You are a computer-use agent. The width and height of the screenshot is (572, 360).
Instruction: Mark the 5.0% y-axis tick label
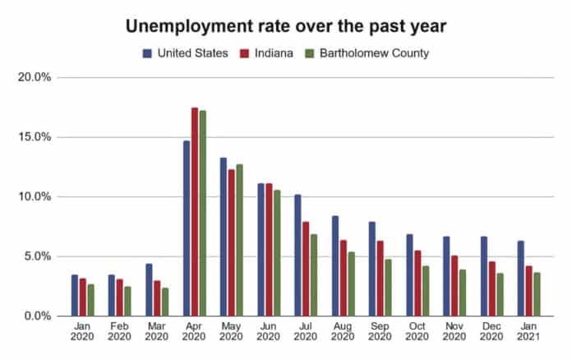36,256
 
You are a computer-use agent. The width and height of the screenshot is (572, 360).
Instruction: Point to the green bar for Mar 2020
165,302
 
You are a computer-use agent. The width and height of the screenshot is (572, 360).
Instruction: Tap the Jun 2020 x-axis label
268,330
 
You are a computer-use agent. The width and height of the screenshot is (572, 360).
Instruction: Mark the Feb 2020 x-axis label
119,330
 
